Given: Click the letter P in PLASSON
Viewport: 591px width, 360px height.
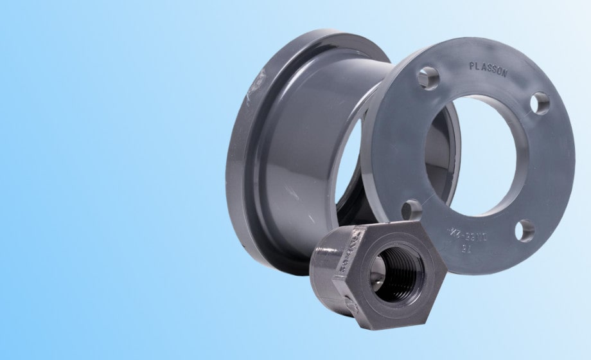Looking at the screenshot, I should pos(472,66).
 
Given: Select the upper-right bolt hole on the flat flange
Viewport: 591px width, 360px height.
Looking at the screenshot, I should pos(541,103).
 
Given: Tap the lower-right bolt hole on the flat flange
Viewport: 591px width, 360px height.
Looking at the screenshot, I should pos(525,230).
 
